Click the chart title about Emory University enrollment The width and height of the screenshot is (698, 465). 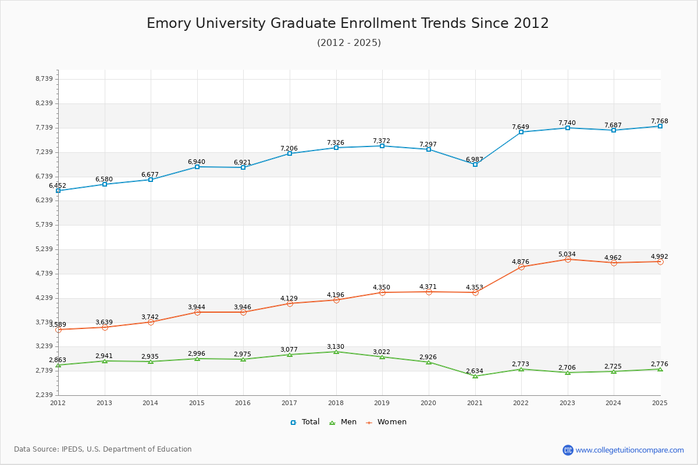(348, 23)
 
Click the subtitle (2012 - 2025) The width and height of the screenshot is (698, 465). (349, 42)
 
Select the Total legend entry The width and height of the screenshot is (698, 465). (305, 422)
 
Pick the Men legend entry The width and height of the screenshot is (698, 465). (343, 422)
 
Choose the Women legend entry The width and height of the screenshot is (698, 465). (386, 422)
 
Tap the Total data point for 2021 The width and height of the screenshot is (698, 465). (475, 164)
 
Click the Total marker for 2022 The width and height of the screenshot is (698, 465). (521, 132)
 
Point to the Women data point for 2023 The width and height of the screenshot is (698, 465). (568, 259)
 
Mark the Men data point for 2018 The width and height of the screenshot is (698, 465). (336, 352)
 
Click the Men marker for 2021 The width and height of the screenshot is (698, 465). (475, 376)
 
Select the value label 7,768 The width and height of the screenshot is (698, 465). (660, 121)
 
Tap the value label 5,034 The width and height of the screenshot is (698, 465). (567, 254)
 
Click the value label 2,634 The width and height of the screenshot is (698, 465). (475, 371)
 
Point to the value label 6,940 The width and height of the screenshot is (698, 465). (197, 162)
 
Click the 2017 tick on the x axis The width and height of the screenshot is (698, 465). (290, 403)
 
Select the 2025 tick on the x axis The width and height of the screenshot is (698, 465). (660, 403)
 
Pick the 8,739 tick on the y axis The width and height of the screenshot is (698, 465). (44, 79)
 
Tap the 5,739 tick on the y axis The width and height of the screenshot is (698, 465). (44, 225)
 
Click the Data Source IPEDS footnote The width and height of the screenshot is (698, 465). (103, 449)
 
